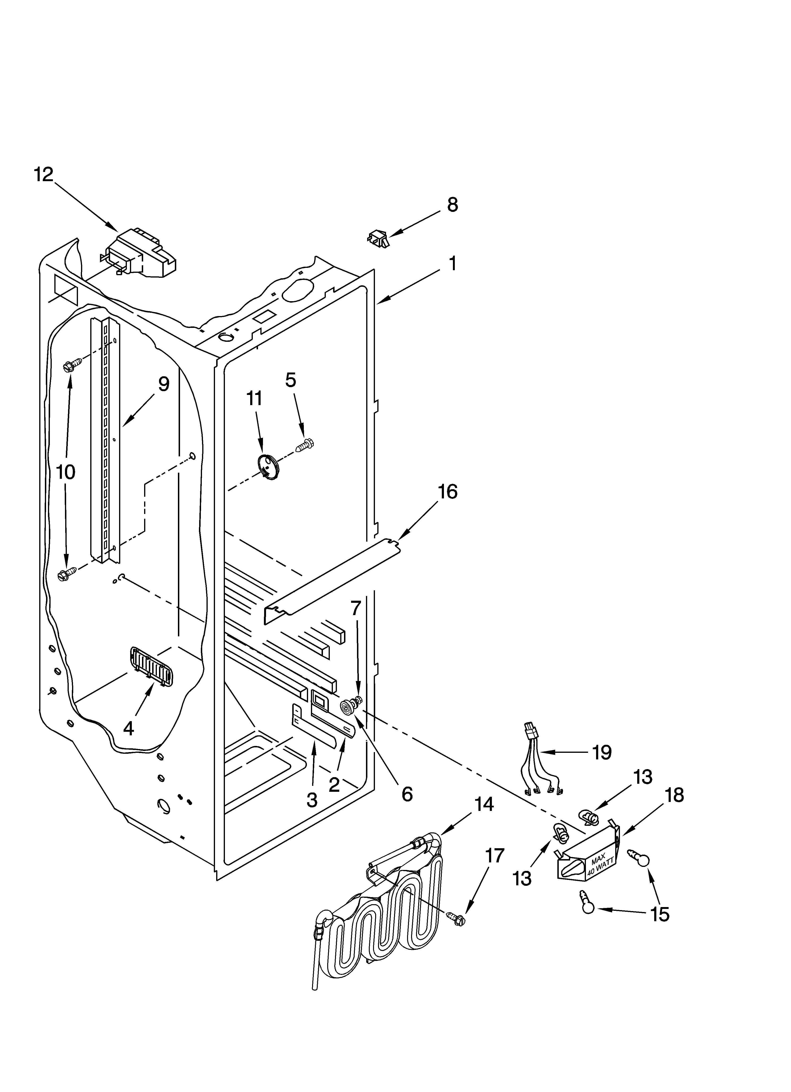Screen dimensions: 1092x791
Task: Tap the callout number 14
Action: click(x=483, y=804)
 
